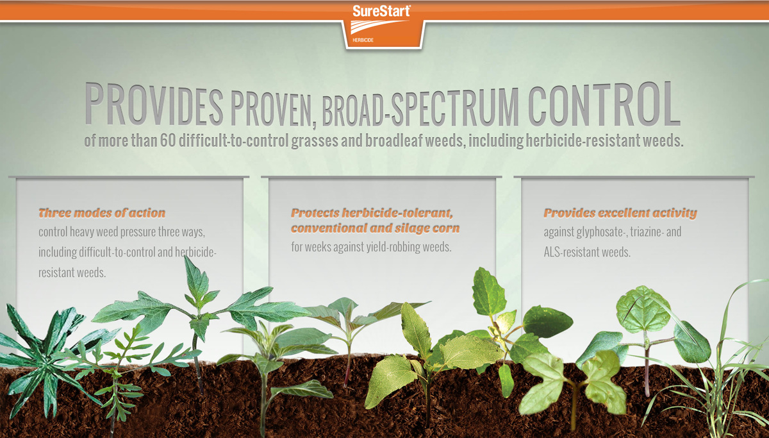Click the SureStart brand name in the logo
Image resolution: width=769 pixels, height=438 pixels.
(381, 11)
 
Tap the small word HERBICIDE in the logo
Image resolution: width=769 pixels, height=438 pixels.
(363, 40)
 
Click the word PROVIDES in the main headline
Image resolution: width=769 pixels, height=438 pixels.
(154, 104)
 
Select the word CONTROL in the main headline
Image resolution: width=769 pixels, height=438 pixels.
(604, 104)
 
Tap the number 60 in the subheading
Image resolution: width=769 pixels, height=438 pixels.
(168, 140)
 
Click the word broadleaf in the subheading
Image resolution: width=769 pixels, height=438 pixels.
(393, 140)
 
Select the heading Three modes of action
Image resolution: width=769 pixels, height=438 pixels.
(102, 213)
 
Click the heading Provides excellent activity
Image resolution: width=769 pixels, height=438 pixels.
(620, 214)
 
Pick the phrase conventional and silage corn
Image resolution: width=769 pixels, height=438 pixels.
(376, 228)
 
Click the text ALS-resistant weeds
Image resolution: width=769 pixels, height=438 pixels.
(587, 252)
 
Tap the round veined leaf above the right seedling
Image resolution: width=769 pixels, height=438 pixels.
(643, 309)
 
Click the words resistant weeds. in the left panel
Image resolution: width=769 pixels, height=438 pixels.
(72, 273)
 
